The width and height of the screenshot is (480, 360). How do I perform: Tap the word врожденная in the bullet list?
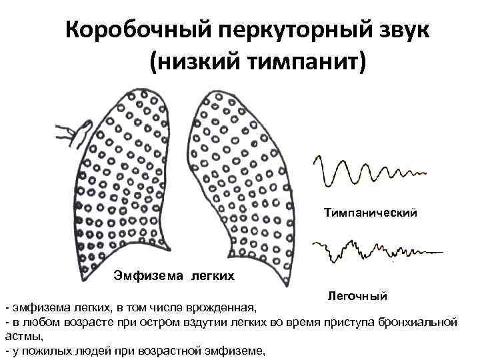(223, 309)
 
